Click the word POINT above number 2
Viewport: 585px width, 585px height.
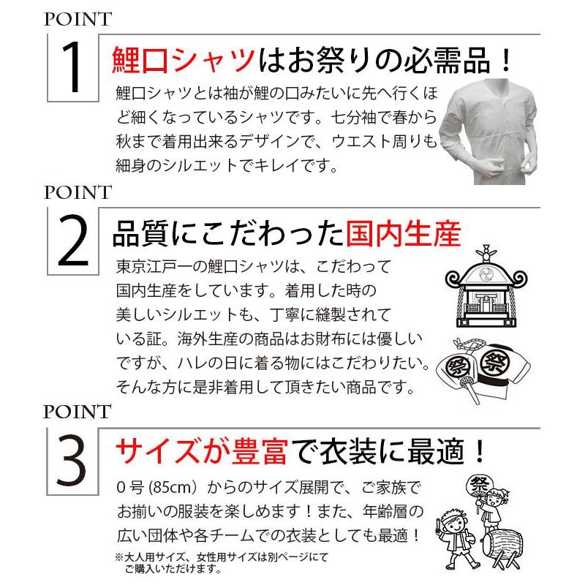(77, 193)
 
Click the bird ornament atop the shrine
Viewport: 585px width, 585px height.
(482, 249)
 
